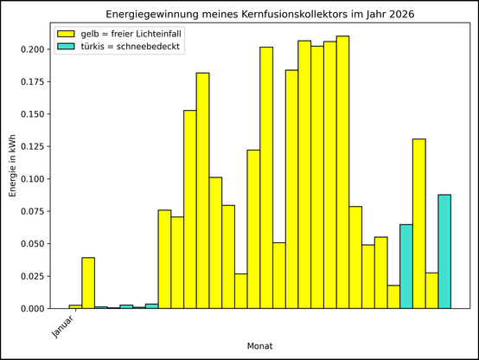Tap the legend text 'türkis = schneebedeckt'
[x=131, y=47]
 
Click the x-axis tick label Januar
[x=62, y=325]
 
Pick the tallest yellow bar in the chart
[x=342, y=173]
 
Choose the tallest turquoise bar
[x=444, y=251]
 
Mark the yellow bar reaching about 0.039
[x=88, y=283]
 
